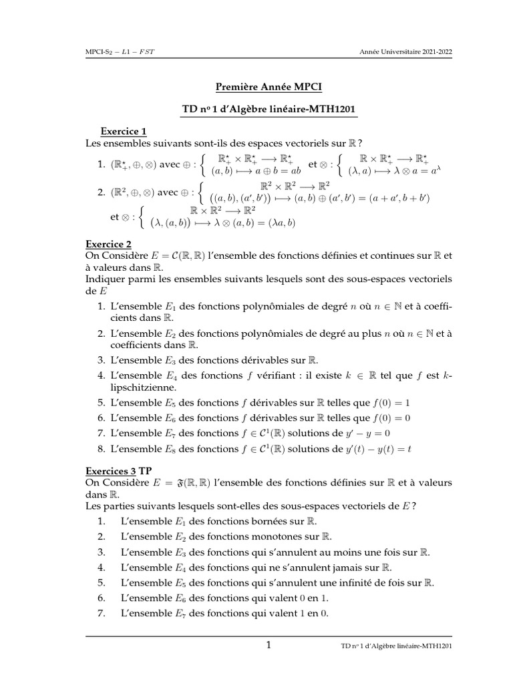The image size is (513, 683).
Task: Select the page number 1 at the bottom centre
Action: [269, 645]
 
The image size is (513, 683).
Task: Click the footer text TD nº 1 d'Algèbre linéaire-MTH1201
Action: [397, 646]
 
